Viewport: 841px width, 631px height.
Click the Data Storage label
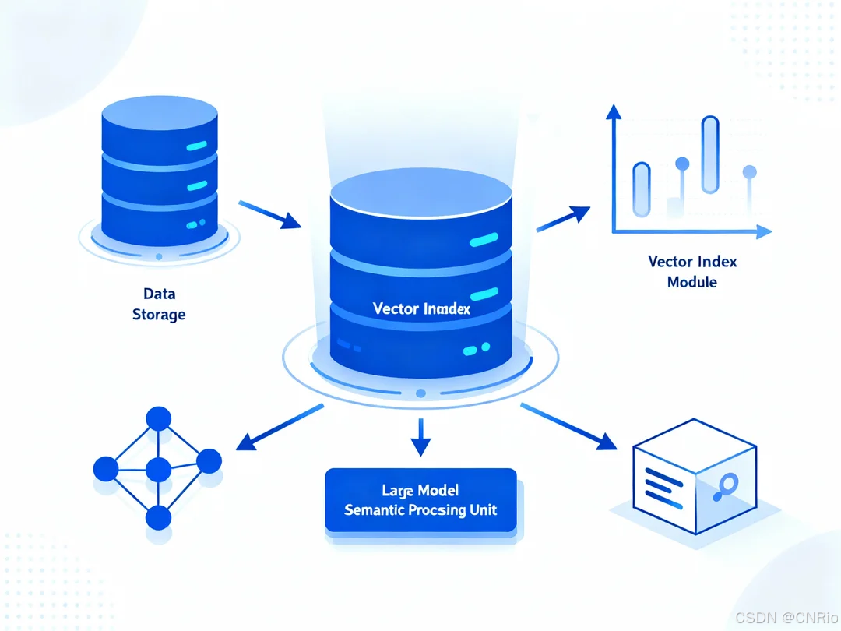[159, 304]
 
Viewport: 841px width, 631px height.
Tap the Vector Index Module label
[692, 271]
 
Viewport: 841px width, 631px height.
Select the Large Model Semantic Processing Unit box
[420, 500]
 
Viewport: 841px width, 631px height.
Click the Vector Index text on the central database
[421, 308]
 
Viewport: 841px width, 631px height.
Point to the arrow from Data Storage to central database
[269, 214]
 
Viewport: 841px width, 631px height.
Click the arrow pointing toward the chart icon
[563, 218]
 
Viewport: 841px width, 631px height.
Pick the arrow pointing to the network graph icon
[279, 428]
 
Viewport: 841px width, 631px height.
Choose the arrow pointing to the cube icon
[568, 427]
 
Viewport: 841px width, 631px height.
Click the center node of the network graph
[158, 470]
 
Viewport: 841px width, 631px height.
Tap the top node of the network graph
[158, 419]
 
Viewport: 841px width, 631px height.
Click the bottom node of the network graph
[158, 517]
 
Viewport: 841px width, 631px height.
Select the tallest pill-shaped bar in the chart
[710, 154]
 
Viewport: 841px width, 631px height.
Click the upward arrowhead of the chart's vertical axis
[614, 112]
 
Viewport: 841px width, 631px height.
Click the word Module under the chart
[692, 281]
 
